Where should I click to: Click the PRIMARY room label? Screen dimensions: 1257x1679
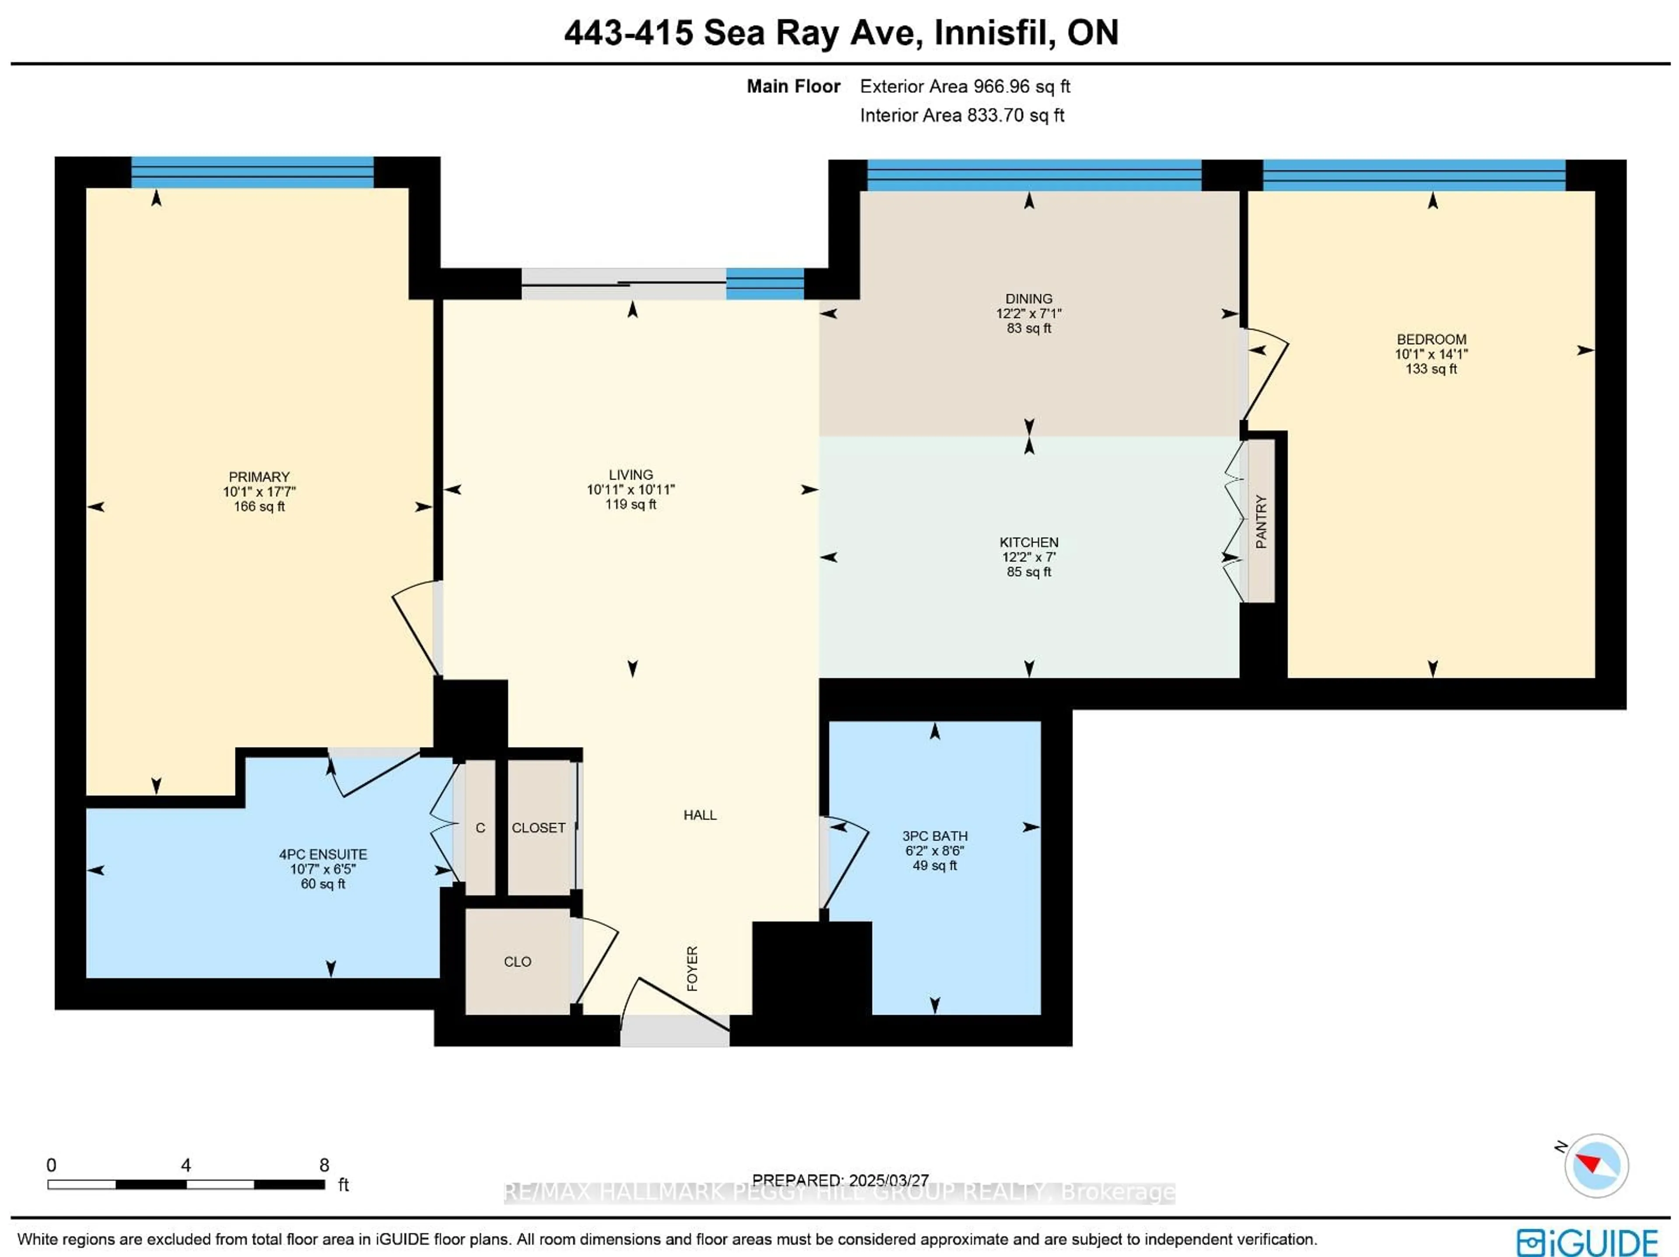(x=259, y=477)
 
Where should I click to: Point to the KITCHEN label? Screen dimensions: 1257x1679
(x=1028, y=542)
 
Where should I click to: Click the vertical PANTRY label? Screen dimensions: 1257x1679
(x=1261, y=522)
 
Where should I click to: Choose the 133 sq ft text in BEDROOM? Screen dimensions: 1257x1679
(x=1431, y=369)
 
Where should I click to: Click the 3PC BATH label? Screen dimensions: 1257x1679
(x=934, y=836)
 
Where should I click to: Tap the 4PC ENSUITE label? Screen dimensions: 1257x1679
(x=323, y=854)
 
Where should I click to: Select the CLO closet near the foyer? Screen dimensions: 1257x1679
(x=518, y=962)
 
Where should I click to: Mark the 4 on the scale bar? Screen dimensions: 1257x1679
(x=186, y=1165)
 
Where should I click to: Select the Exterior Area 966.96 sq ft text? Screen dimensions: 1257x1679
(x=965, y=87)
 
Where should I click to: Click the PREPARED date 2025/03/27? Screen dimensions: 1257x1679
(x=888, y=1180)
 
